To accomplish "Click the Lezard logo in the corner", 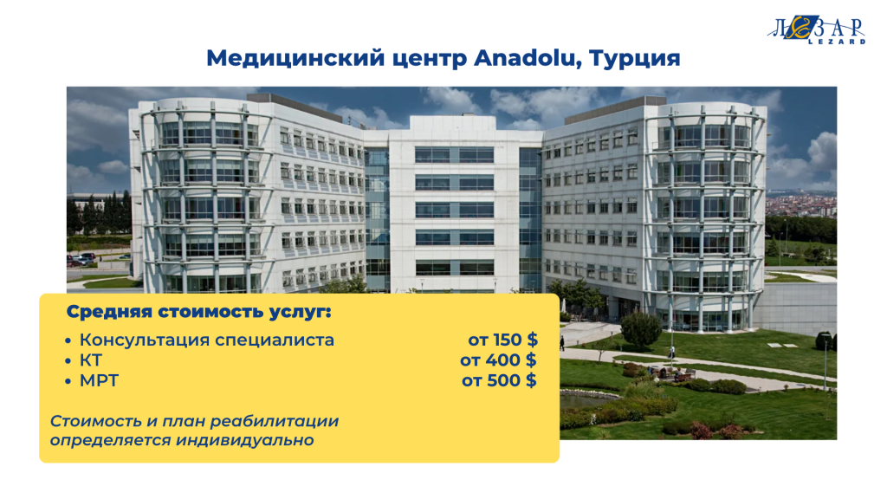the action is tap(816, 29).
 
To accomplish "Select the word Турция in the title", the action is tap(635, 59).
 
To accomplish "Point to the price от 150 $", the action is tap(503, 340).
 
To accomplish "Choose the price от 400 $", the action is tap(498, 360).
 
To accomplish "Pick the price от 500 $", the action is tap(499, 380).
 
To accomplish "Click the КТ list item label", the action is tap(90, 360).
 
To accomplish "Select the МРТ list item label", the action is tap(99, 381).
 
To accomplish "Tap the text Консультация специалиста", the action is tap(207, 340).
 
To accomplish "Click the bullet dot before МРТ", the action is tap(68, 382).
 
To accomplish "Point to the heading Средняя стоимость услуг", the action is tap(198, 312).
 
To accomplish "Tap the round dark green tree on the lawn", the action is tap(641, 329).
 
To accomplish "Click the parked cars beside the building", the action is tap(83, 259).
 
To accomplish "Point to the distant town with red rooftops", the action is tap(800, 204).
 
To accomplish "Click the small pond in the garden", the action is tap(586, 400).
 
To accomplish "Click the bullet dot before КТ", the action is tap(68, 361).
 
